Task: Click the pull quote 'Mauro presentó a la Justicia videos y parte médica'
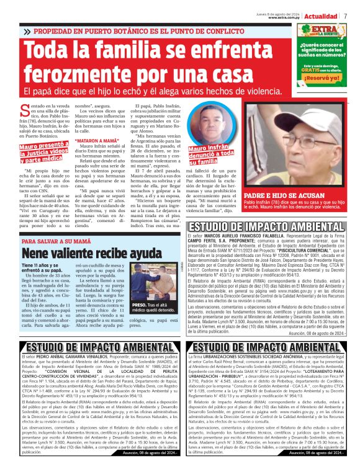[44, 153]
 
